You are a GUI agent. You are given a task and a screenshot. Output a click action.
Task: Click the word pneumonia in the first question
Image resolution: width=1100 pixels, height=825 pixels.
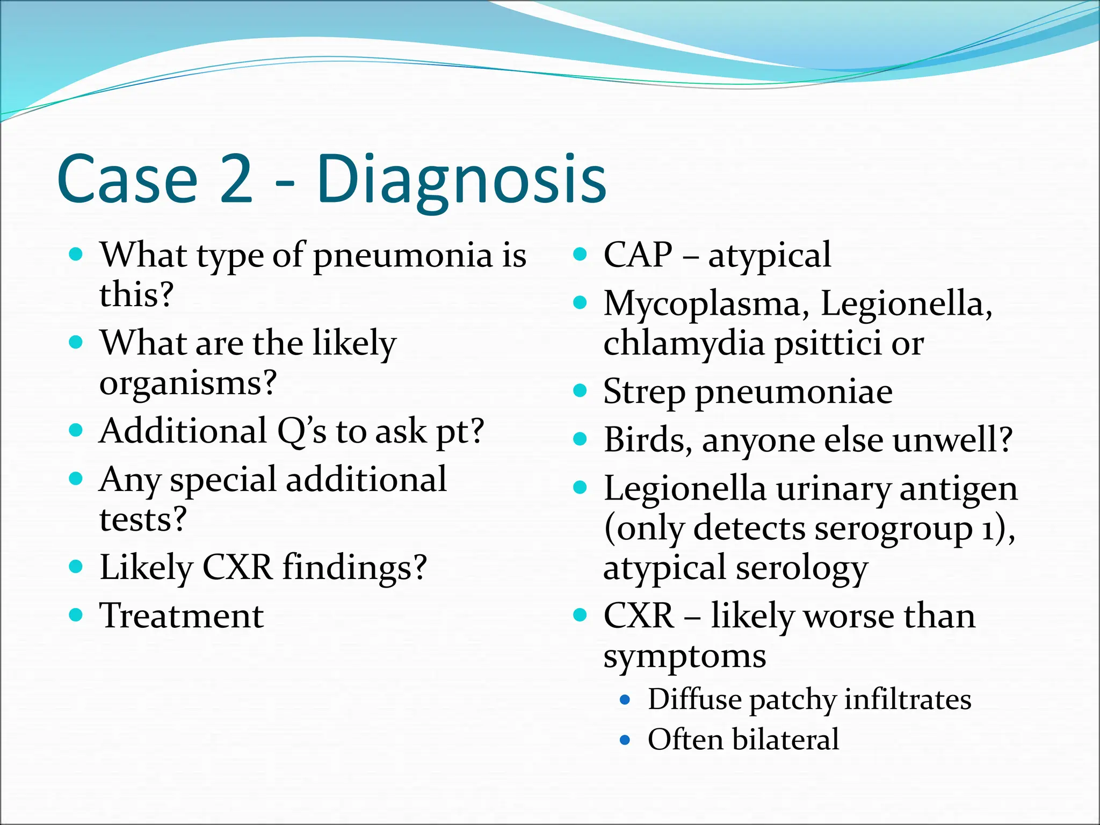coord(403,256)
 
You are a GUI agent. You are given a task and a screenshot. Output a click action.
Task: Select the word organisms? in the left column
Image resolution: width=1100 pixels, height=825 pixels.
coord(188,383)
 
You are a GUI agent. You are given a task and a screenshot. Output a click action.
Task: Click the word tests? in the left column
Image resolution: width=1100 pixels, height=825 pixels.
coord(143,520)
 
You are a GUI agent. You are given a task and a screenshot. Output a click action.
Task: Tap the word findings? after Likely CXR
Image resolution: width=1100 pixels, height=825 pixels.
coord(354,568)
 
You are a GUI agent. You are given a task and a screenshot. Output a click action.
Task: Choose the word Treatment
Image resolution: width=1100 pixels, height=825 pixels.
coord(182,616)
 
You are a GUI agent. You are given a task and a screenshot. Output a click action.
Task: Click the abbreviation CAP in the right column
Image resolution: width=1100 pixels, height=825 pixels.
coord(638,255)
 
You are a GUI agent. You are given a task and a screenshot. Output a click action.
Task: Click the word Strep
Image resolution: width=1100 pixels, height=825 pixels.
coord(644,393)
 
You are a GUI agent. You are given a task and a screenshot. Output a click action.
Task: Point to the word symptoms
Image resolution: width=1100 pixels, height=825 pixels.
coord(685,656)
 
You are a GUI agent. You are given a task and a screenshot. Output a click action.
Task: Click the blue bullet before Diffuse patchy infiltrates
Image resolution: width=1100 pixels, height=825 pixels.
coord(625,700)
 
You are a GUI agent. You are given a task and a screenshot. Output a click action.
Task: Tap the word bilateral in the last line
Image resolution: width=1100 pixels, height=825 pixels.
coord(785,740)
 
